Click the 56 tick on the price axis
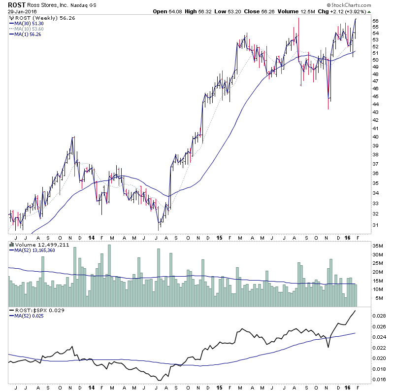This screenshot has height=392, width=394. (x=375, y=21)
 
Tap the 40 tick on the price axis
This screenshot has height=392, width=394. (x=375, y=137)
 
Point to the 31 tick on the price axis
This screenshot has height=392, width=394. (x=375, y=225)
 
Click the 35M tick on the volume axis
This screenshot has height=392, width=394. (x=377, y=245)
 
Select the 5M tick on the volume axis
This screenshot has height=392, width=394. (x=375, y=298)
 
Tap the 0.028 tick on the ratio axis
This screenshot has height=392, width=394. (x=378, y=316)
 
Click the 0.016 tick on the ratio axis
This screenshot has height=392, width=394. (x=378, y=379)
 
